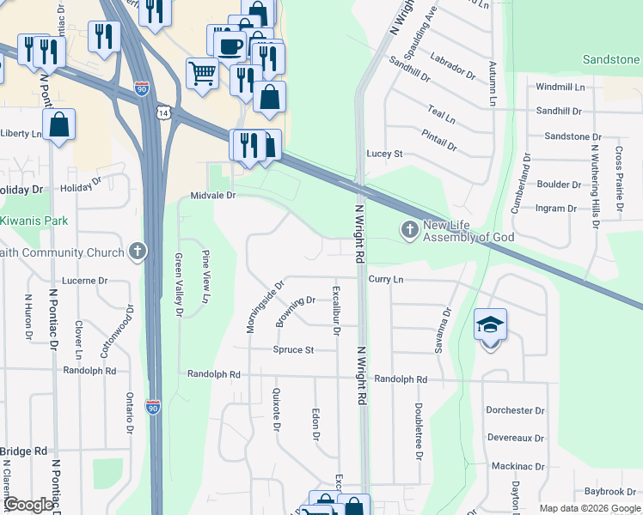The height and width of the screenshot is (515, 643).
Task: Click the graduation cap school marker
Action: tap(490, 324)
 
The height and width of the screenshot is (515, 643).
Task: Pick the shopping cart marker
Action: tap(202, 73)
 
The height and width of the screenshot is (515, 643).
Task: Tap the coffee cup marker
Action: tap(230, 45)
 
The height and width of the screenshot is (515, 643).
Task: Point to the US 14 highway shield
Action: tap(162, 112)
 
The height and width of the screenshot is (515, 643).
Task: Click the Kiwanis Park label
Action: tap(34, 221)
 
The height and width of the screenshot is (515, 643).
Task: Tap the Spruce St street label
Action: tap(293, 350)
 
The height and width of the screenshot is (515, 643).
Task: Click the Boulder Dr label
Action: tap(559, 185)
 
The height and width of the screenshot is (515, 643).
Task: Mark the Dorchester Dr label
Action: tap(516, 411)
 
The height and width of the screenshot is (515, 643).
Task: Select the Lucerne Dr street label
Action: tap(84, 281)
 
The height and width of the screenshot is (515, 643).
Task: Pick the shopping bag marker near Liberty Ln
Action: tap(58, 125)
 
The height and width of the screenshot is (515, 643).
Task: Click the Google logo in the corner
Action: tap(29, 505)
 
